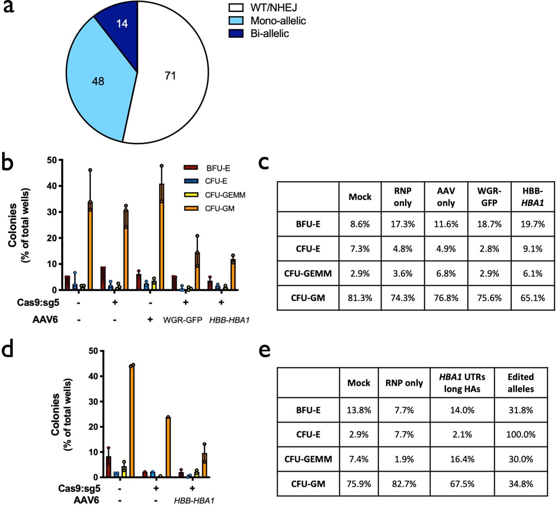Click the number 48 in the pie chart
[98, 81]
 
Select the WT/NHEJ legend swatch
[236, 8]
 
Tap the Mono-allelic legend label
[278, 21]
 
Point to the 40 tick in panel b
[52, 186]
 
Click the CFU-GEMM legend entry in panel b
[225, 195]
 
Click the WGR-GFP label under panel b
[182, 320]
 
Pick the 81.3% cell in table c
[360, 298]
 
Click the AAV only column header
[446, 197]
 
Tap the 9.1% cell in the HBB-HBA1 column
[532, 249]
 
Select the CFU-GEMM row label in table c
[308, 273]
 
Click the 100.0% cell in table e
[521, 435]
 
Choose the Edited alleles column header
[521, 383]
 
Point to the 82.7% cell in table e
[404, 484]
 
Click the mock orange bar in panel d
[132, 421]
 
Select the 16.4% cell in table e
[462, 459]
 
